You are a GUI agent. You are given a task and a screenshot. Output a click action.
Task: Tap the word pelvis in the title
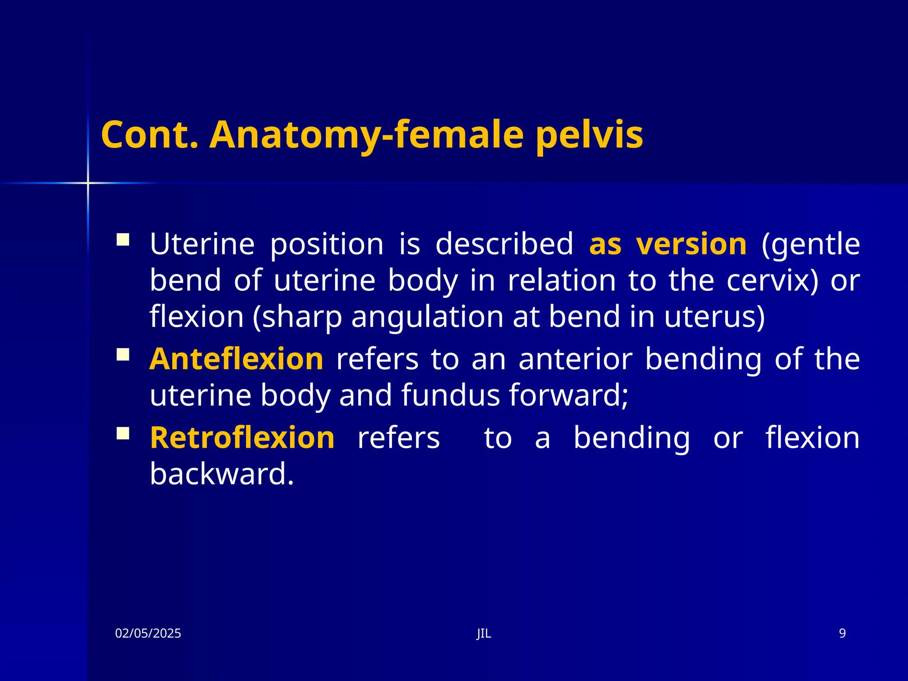coord(589,135)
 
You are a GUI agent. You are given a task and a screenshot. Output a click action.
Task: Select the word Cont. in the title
coord(149,135)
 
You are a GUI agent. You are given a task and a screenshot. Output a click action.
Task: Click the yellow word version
coord(691,244)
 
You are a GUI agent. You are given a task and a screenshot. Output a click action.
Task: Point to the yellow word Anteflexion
coord(236,359)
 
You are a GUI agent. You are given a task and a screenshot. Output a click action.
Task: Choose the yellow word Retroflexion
coord(242,438)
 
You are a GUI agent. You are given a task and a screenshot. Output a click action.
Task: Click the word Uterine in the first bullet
coord(202,244)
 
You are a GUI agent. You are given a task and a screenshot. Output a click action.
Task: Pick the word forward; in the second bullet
coord(568,395)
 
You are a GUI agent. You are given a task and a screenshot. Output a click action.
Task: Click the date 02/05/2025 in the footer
coord(148,634)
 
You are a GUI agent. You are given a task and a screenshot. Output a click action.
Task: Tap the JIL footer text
coord(484,634)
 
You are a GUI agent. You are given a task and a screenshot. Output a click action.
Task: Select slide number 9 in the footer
coord(842,634)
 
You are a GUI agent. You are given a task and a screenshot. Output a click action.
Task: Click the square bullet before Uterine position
coord(123,240)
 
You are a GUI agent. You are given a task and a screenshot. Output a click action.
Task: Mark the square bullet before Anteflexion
coord(123,355)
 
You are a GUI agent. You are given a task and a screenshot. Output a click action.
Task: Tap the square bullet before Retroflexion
coord(123,434)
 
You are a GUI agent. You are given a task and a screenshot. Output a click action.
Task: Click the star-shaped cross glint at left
coord(88,183)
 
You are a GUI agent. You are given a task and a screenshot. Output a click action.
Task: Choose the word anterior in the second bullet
coord(575,359)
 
